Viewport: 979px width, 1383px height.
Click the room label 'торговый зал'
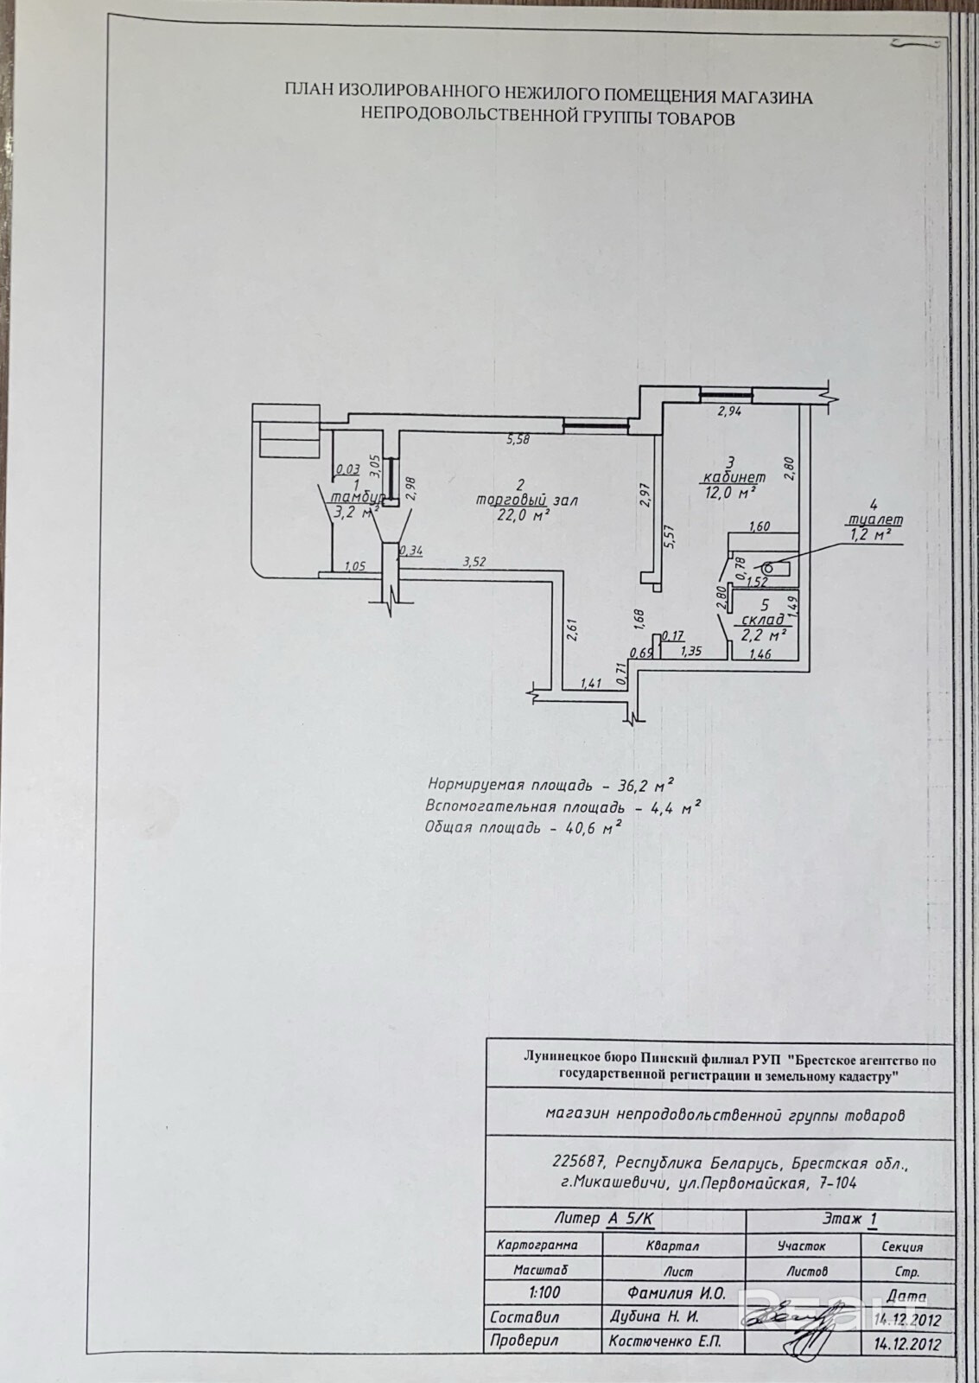[525, 500]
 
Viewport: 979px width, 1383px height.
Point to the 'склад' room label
[763, 619]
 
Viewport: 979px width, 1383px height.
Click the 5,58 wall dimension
[518, 439]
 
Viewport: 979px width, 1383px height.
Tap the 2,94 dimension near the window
[731, 412]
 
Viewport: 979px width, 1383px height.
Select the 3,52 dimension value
[475, 563]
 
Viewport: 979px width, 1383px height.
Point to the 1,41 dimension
[591, 683]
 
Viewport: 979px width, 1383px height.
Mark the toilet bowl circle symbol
[767, 567]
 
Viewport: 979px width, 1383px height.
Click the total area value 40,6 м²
[589, 827]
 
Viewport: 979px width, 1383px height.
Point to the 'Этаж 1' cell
[849, 1220]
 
